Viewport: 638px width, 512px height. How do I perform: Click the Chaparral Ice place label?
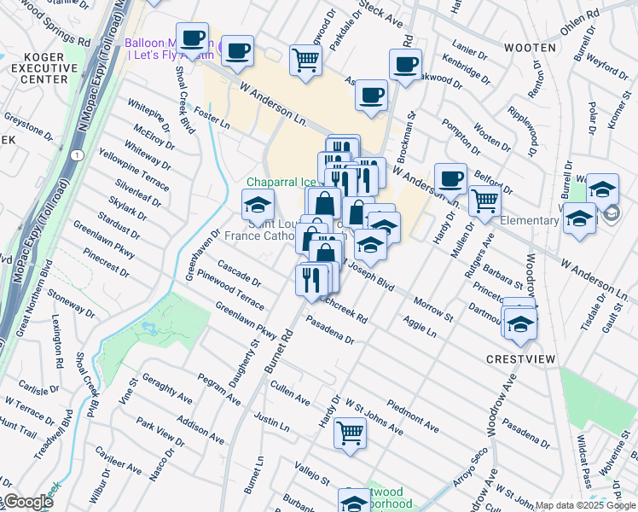pos(280,182)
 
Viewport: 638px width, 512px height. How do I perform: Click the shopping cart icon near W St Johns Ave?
pos(350,432)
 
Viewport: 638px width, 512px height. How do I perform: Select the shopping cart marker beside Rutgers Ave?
pos(484,201)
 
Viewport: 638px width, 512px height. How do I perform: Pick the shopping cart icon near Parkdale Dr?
pos(305,60)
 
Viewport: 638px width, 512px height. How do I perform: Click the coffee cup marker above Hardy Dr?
pos(450,179)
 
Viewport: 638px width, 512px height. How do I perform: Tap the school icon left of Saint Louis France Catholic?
pos(257,204)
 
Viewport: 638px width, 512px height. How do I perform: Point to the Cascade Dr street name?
pos(240,272)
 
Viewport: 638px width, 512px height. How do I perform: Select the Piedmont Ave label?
pos(413,414)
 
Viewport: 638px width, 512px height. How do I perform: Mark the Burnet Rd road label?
pos(278,350)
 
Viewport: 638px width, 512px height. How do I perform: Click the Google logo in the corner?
pos(27,502)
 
